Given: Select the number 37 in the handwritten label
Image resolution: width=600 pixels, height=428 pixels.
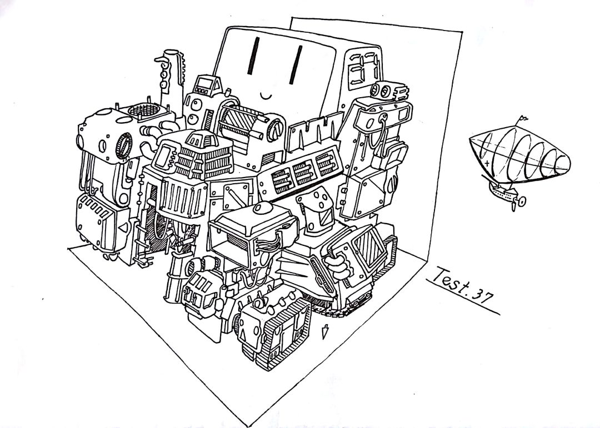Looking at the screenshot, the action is click(481, 295).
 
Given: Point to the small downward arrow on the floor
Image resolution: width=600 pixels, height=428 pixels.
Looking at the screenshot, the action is click(325, 331).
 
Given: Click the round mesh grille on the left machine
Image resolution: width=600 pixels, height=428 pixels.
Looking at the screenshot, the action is click(143, 110).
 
